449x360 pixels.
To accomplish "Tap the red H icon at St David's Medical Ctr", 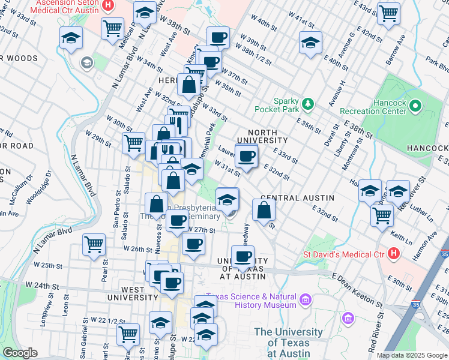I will point(394,253).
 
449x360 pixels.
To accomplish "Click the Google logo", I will point(20,353).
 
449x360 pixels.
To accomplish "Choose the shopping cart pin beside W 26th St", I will point(94,244).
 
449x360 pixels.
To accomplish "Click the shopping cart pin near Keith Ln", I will point(382,215).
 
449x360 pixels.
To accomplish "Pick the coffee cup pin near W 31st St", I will point(246,157).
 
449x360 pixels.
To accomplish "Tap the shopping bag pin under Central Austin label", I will point(264,210).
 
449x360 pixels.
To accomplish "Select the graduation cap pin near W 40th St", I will point(310,43).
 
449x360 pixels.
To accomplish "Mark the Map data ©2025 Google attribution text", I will point(411,355).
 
